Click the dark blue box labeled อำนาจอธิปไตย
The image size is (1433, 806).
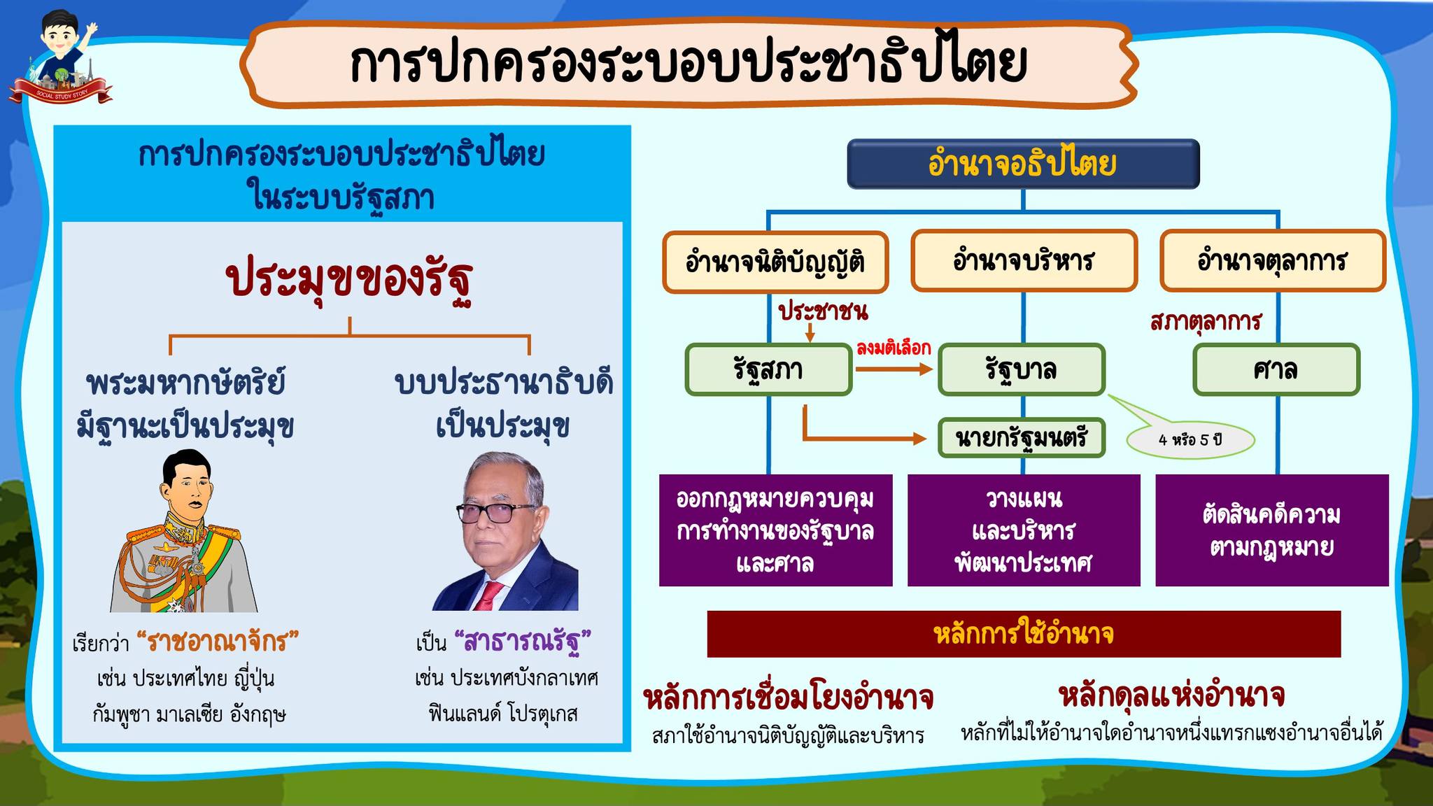point(1023,164)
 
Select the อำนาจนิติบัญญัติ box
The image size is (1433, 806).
point(775,262)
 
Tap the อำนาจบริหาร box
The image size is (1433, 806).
point(1024,261)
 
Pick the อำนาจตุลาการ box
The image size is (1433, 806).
point(1273,261)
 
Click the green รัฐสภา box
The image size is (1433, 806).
point(768,369)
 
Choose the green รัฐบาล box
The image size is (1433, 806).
point(1022,369)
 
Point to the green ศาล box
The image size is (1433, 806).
point(1276,369)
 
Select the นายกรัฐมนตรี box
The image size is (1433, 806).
point(1022,438)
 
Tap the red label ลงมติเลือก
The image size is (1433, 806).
point(894,348)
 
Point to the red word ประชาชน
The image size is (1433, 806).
point(824,311)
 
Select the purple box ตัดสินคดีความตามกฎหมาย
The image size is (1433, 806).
point(1271,530)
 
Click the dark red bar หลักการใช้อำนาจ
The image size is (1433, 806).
point(1024,634)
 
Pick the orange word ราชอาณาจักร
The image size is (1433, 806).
point(217,641)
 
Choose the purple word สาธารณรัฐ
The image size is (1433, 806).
point(523,641)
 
